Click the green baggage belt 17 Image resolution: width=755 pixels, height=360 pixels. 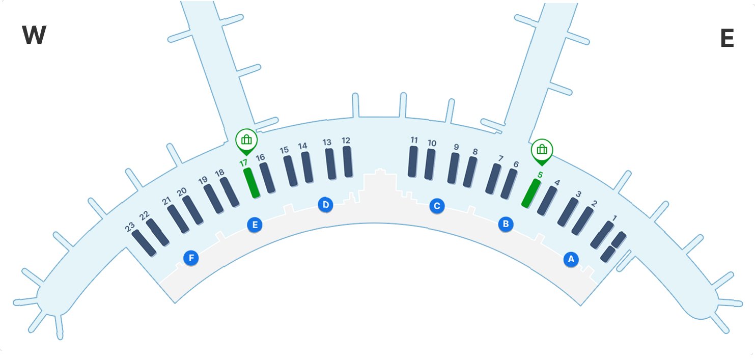pos(251,182)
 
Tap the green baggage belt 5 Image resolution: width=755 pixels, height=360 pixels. pos(530,193)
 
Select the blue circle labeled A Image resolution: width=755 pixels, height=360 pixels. pos(571,259)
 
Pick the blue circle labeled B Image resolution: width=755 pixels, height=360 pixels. pos(506,224)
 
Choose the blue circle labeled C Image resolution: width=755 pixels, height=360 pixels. pos(436,206)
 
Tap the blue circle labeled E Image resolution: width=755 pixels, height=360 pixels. pos(255,225)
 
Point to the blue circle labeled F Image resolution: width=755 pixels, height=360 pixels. pos(191,258)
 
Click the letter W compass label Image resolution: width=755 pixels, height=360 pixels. pos(34,36)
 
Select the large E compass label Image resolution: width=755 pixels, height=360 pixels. pos(727,39)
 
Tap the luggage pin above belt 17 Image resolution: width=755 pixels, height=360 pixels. pos(246,140)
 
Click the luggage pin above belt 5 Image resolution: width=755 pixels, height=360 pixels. pos(542,150)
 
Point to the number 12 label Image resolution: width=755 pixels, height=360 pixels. pos(346,140)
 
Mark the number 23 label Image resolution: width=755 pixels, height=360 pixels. pos(130,226)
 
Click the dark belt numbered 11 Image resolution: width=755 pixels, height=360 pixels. pos(413,161)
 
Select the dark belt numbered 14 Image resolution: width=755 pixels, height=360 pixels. pos(307,167)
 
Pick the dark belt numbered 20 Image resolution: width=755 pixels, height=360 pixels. pos(193,210)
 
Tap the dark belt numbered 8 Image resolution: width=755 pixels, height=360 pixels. pos(470,172)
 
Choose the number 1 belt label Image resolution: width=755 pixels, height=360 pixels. pos(614,218)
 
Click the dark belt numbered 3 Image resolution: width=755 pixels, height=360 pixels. pos(568,212)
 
